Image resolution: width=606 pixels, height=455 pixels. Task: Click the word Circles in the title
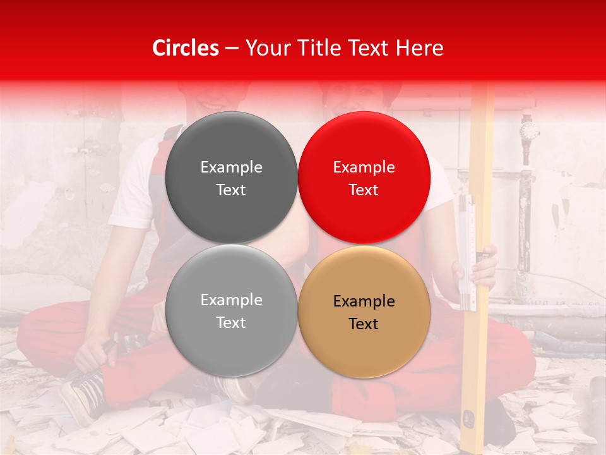click(x=185, y=48)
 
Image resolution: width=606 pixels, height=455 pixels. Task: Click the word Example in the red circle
click(x=364, y=167)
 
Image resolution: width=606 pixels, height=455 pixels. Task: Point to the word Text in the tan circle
click(x=364, y=324)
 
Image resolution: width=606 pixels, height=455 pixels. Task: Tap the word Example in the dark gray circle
click(x=231, y=167)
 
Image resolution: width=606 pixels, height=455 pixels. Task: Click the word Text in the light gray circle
click(x=231, y=322)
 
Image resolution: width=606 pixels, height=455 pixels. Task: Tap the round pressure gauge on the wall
click(x=529, y=131)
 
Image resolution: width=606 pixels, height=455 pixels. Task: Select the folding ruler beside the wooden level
click(x=466, y=253)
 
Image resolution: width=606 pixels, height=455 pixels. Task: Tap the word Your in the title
click(x=266, y=48)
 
